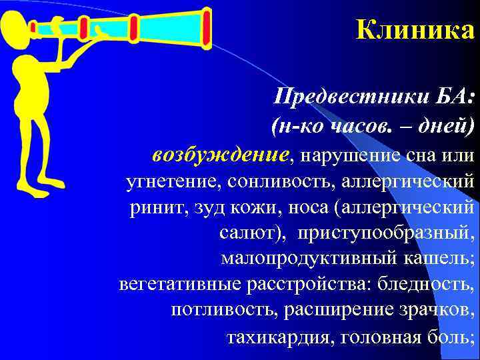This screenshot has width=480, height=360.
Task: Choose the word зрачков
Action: (435, 311)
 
